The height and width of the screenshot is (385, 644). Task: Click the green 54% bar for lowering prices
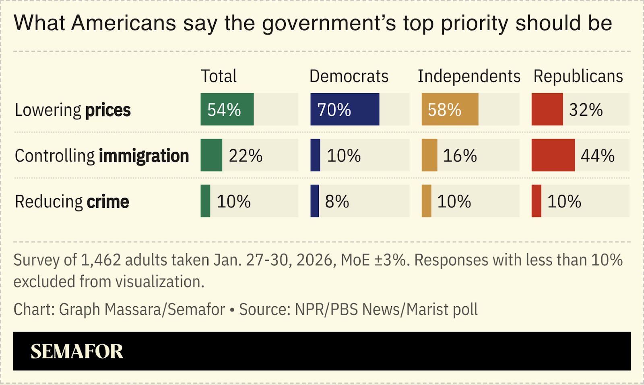(x=227, y=109)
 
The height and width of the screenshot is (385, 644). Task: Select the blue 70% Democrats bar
(x=345, y=109)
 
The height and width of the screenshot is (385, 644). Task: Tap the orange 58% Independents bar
(x=450, y=109)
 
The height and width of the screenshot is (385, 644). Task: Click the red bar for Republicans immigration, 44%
(x=553, y=155)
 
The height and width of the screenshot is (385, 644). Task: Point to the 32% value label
(x=586, y=110)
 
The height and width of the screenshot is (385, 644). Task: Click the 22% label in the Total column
(x=246, y=156)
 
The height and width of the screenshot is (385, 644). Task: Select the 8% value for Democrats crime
(x=337, y=201)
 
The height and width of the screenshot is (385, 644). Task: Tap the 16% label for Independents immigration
(x=460, y=156)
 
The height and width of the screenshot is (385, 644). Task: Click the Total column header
(x=219, y=76)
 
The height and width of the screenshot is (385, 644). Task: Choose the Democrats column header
(x=349, y=76)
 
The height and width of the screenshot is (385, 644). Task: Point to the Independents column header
(x=469, y=76)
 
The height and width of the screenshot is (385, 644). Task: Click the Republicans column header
(x=578, y=76)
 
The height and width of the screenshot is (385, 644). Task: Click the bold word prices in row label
(x=108, y=110)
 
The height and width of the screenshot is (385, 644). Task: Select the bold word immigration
(x=144, y=156)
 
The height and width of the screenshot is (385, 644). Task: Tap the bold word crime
(x=108, y=202)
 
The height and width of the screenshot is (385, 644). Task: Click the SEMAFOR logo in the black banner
(x=77, y=351)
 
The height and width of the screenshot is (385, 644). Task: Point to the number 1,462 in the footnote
(x=101, y=260)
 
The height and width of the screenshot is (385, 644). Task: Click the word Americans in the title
(x=124, y=23)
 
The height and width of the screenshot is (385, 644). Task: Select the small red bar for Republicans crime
(x=536, y=201)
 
